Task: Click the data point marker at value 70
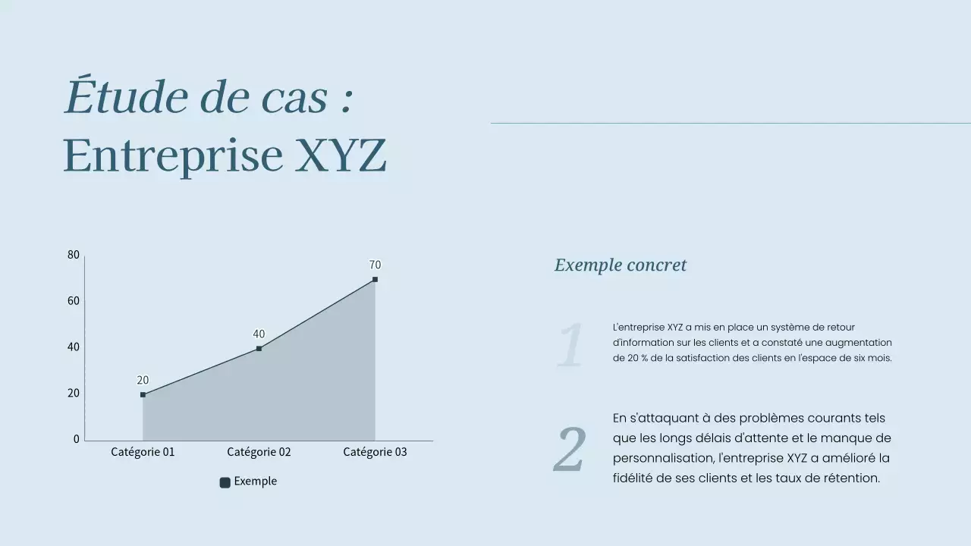(x=375, y=280)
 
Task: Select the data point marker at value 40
(x=259, y=349)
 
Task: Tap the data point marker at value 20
(x=143, y=395)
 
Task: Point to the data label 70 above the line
(x=375, y=265)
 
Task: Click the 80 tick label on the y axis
(x=74, y=255)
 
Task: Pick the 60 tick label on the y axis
(x=74, y=301)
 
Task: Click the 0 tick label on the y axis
(x=76, y=439)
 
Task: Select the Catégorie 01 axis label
(x=143, y=452)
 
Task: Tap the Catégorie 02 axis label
(x=259, y=452)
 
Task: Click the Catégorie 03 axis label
(x=375, y=452)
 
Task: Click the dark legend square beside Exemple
(x=225, y=482)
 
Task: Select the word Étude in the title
(x=126, y=98)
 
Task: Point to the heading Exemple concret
(x=620, y=265)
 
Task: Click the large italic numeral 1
(x=570, y=345)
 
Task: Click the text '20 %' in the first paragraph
(x=627, y=358)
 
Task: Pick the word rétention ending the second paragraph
(x=851, y=478)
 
